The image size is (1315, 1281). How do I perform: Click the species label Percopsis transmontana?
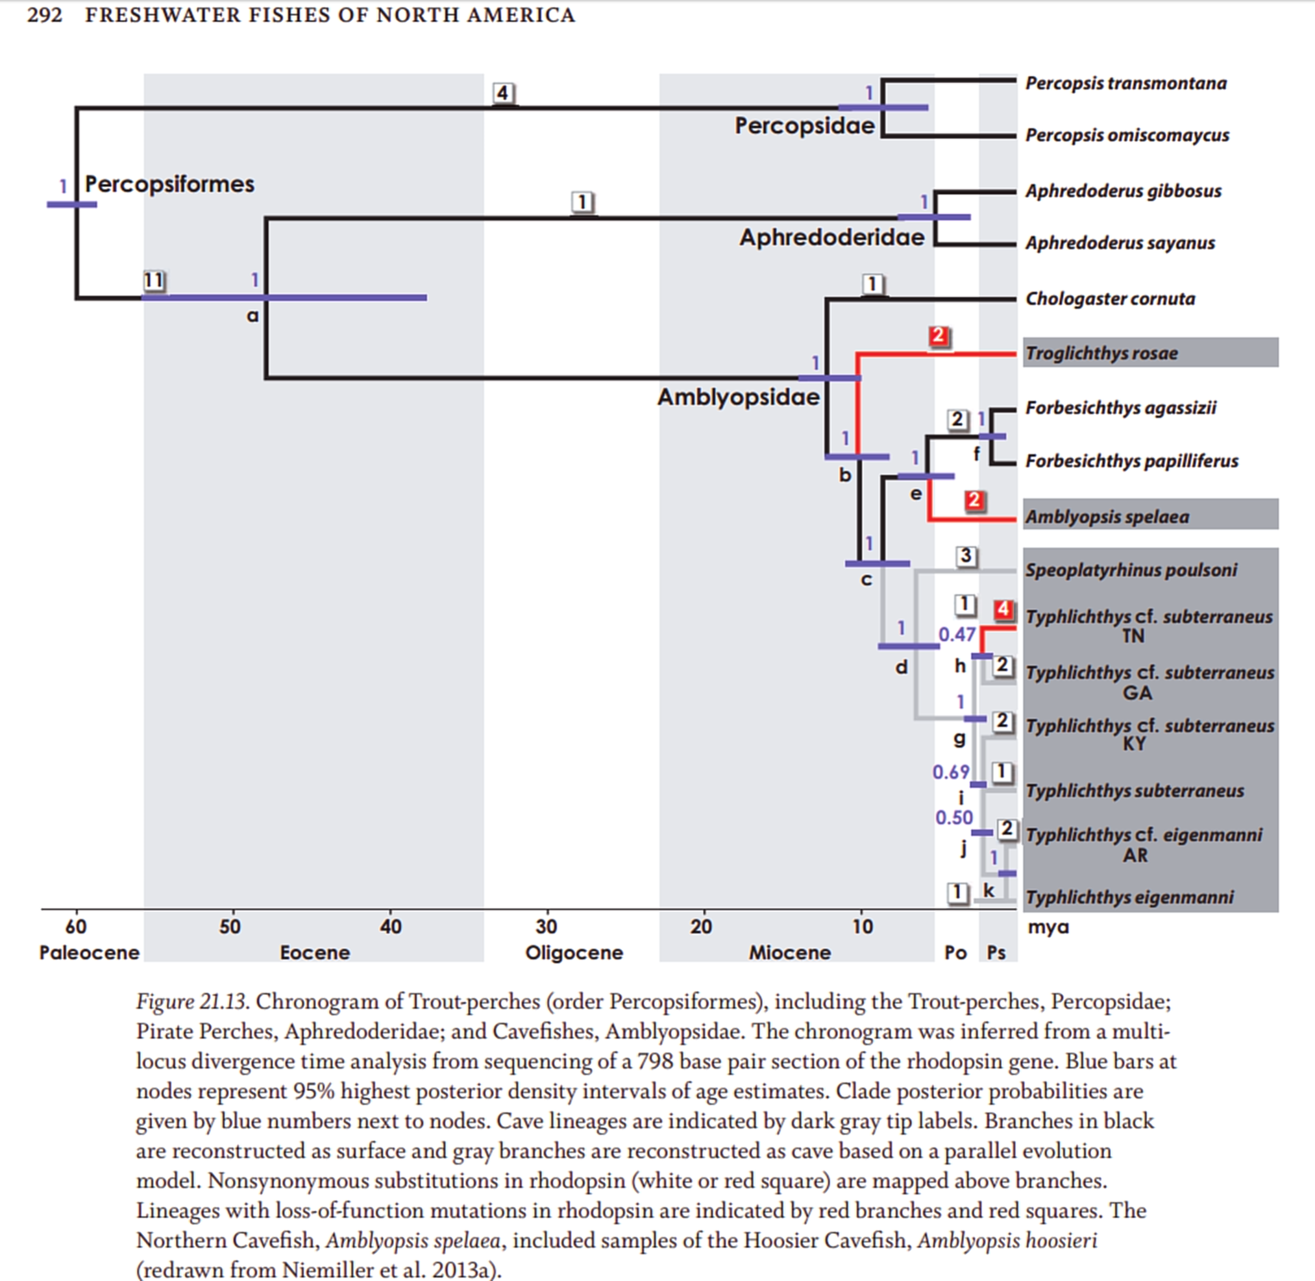pyautogui.click(x=1125, y=84)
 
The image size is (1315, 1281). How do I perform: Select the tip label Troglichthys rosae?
pyautogui.click(x=1101, y=353)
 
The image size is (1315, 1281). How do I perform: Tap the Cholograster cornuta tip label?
pyautogui.click(x=1110, y=299)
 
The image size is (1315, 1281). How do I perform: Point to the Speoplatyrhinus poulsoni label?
pyautogui.click(x=1131, y=570)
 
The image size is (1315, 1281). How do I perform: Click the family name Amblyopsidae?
pyautogui.click(x=738, y=397)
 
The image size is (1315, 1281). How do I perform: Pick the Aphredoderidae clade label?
pyautogui.click(x=831, y=238)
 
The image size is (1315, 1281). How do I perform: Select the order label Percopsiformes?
pyautogui.click(x=169, y=184)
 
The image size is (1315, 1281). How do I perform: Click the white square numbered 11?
pyautogui.click(x=154, y=280)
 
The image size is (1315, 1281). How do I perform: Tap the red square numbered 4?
pyautogui.click(x=1003, y=609)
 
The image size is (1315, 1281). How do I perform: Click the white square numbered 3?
pyautogui.click(x=966, y=555)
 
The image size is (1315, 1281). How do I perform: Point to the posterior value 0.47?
pyautogui.click(x=956, y=635)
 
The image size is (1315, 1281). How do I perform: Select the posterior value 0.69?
pyautogui.click(x=950, y=772)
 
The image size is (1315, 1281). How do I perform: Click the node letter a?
pyautogui.click(x=252, y=315)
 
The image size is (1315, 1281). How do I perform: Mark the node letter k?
pyautogui.click(x=989, y=890)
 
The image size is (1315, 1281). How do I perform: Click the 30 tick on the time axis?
pyautogui.click(x=546, y=927)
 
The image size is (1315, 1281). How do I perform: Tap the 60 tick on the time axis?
pyautogui.click(x=76, y=927)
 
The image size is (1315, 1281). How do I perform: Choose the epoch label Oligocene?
pyautogui.click(x=573, y=953)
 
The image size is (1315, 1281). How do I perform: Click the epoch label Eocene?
pyautogui.click(x=314, y=953)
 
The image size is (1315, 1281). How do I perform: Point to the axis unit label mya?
pyautogui.click(x=1048, y=927)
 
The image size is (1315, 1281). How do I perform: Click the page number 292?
pyautogui.click(x=44, y=15)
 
